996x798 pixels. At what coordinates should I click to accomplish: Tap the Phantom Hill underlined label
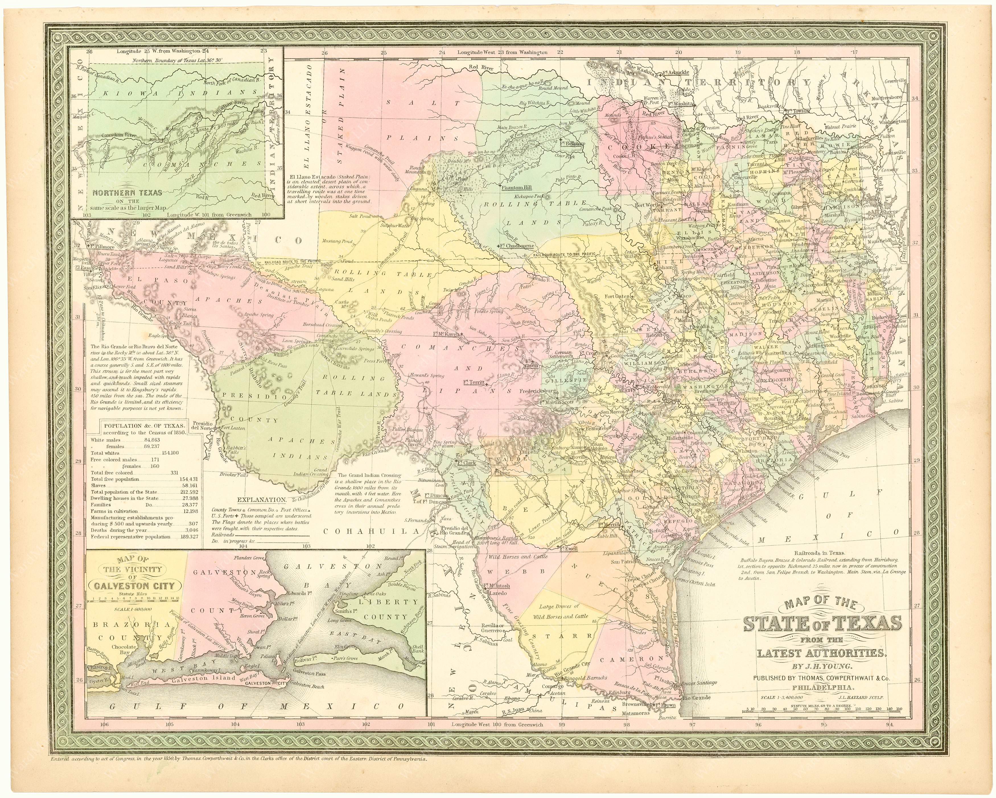click(517, 187)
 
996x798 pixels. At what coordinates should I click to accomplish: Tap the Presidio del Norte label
click(202, 425)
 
